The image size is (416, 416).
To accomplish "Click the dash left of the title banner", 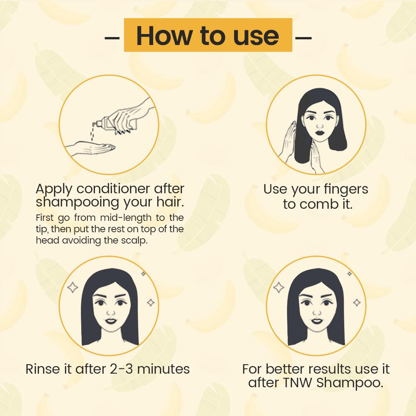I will click(x=112, y=38).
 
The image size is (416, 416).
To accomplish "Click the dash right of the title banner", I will click(x=303, y=38).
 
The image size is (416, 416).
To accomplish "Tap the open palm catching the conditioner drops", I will click(x=91, y=147).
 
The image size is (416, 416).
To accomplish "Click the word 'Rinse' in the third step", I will click(x=42, y=369).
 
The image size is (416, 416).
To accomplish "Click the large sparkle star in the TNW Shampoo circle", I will click(x=279, y=287).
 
